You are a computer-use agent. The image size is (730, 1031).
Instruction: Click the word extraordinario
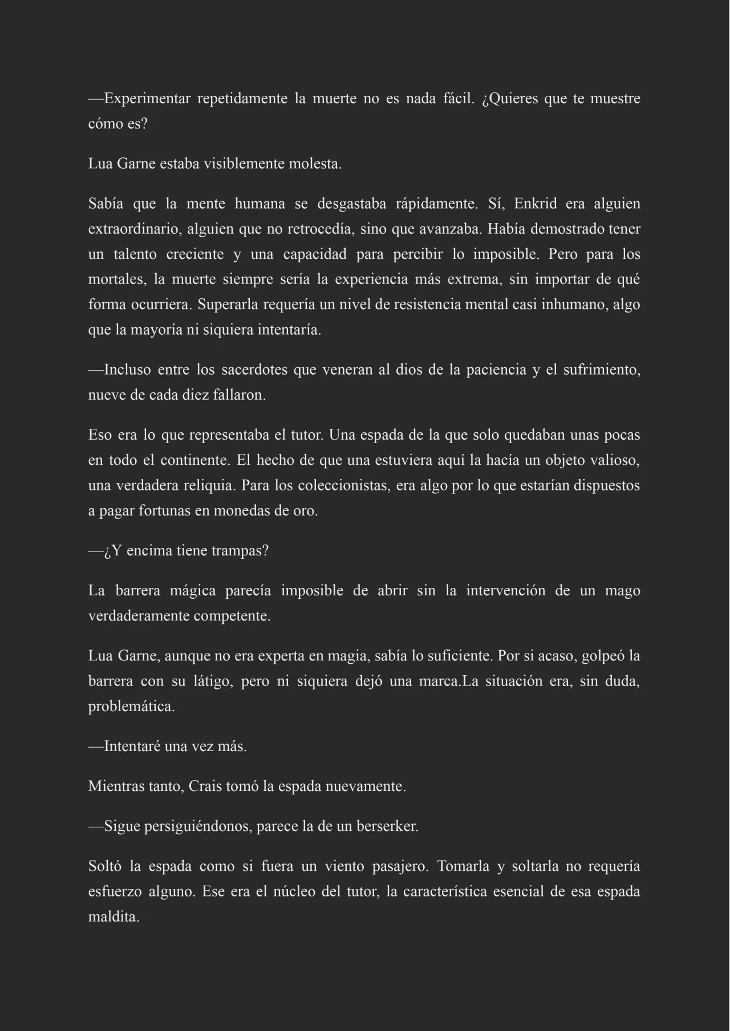pyautogui.click(x=134, y=229)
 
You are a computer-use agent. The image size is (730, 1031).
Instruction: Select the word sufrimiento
pyautogui.click(x=601, y=370)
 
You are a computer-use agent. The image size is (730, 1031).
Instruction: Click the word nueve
pyautogui.click(x=107, y=395)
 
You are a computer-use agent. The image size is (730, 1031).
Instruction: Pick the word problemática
pyautogui.click(x=131, y=707)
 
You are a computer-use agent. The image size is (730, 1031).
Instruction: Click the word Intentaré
pyautogui.click(x=132, y=746)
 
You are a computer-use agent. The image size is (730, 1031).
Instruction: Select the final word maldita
pyautogui.click(x=113, y=917)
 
